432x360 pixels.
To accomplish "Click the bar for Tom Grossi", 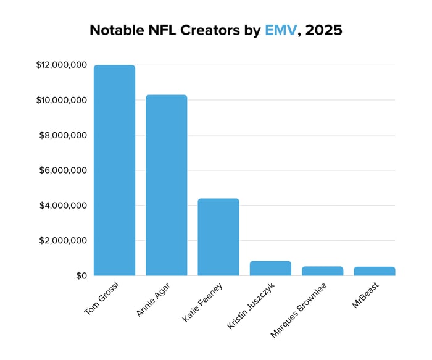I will tap(114, 170).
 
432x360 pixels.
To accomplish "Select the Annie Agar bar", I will tap(166, 185).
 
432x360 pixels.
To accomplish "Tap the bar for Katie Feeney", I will tap(218, 237).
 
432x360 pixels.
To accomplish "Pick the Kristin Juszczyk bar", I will tap(270, 268).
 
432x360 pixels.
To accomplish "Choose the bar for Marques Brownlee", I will tap(322, 271).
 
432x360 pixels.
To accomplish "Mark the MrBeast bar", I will tap(374, 271).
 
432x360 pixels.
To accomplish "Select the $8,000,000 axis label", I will tap(62, 135).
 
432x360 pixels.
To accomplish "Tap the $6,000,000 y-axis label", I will tap(62, 170).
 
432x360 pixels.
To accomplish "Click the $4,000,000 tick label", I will tap(62, 206).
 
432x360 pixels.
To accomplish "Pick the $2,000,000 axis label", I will tap(62, 241).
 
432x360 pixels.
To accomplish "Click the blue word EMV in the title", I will tap(280, 30).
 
